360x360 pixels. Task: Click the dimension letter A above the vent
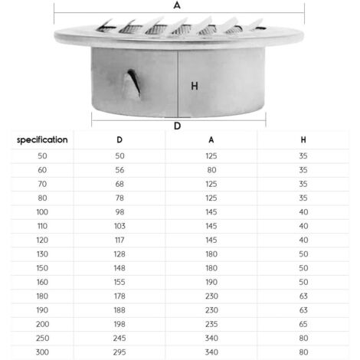pos(178,5)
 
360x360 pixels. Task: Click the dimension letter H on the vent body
pos(195,86)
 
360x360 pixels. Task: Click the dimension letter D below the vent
pos(178,126)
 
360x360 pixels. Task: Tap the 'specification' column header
pos(43,140)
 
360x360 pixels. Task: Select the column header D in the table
pos(119,140)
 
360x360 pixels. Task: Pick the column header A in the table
pos(211,140)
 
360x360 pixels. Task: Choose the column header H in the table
pos(304,140)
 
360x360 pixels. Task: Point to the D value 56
pos(119,169)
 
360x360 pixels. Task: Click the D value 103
pos(119,226)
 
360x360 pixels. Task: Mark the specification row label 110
pos(43,226)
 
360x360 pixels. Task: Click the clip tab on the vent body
pos(133,79)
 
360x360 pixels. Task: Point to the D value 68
pos(119,184)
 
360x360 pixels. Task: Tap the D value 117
pos(119,239)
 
